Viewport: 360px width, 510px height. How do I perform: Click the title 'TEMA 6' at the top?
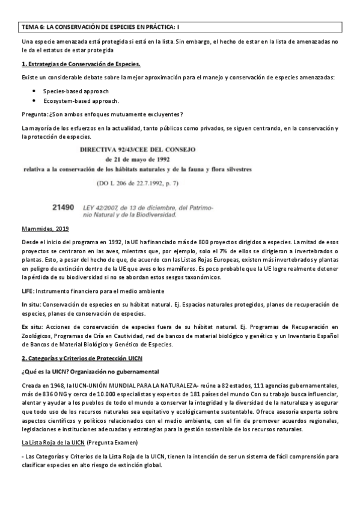tap(34, 27)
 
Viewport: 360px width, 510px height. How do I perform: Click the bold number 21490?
tap(63, 207)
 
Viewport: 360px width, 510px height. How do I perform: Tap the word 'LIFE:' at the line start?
tap(28, 290)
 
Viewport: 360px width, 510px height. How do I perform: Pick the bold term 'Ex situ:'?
tap(32, 326)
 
